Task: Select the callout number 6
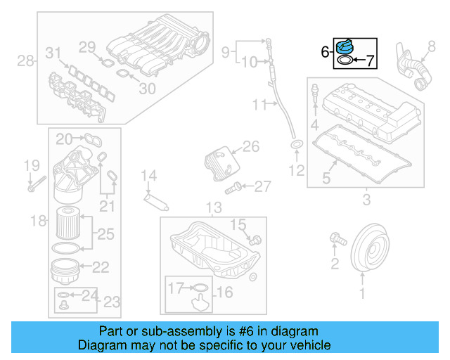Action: tap(324, 51)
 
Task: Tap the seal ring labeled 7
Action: tap(345, 61)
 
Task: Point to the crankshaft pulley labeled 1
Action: tap(370, 247)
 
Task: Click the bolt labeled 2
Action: tap(336, 240)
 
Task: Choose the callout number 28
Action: tap(25, 61)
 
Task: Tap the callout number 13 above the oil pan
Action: tap(213, 207)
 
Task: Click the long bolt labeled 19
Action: tap(37, 185)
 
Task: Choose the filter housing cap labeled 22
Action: tap(69, 269)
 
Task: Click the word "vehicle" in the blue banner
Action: tap(309, 345)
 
